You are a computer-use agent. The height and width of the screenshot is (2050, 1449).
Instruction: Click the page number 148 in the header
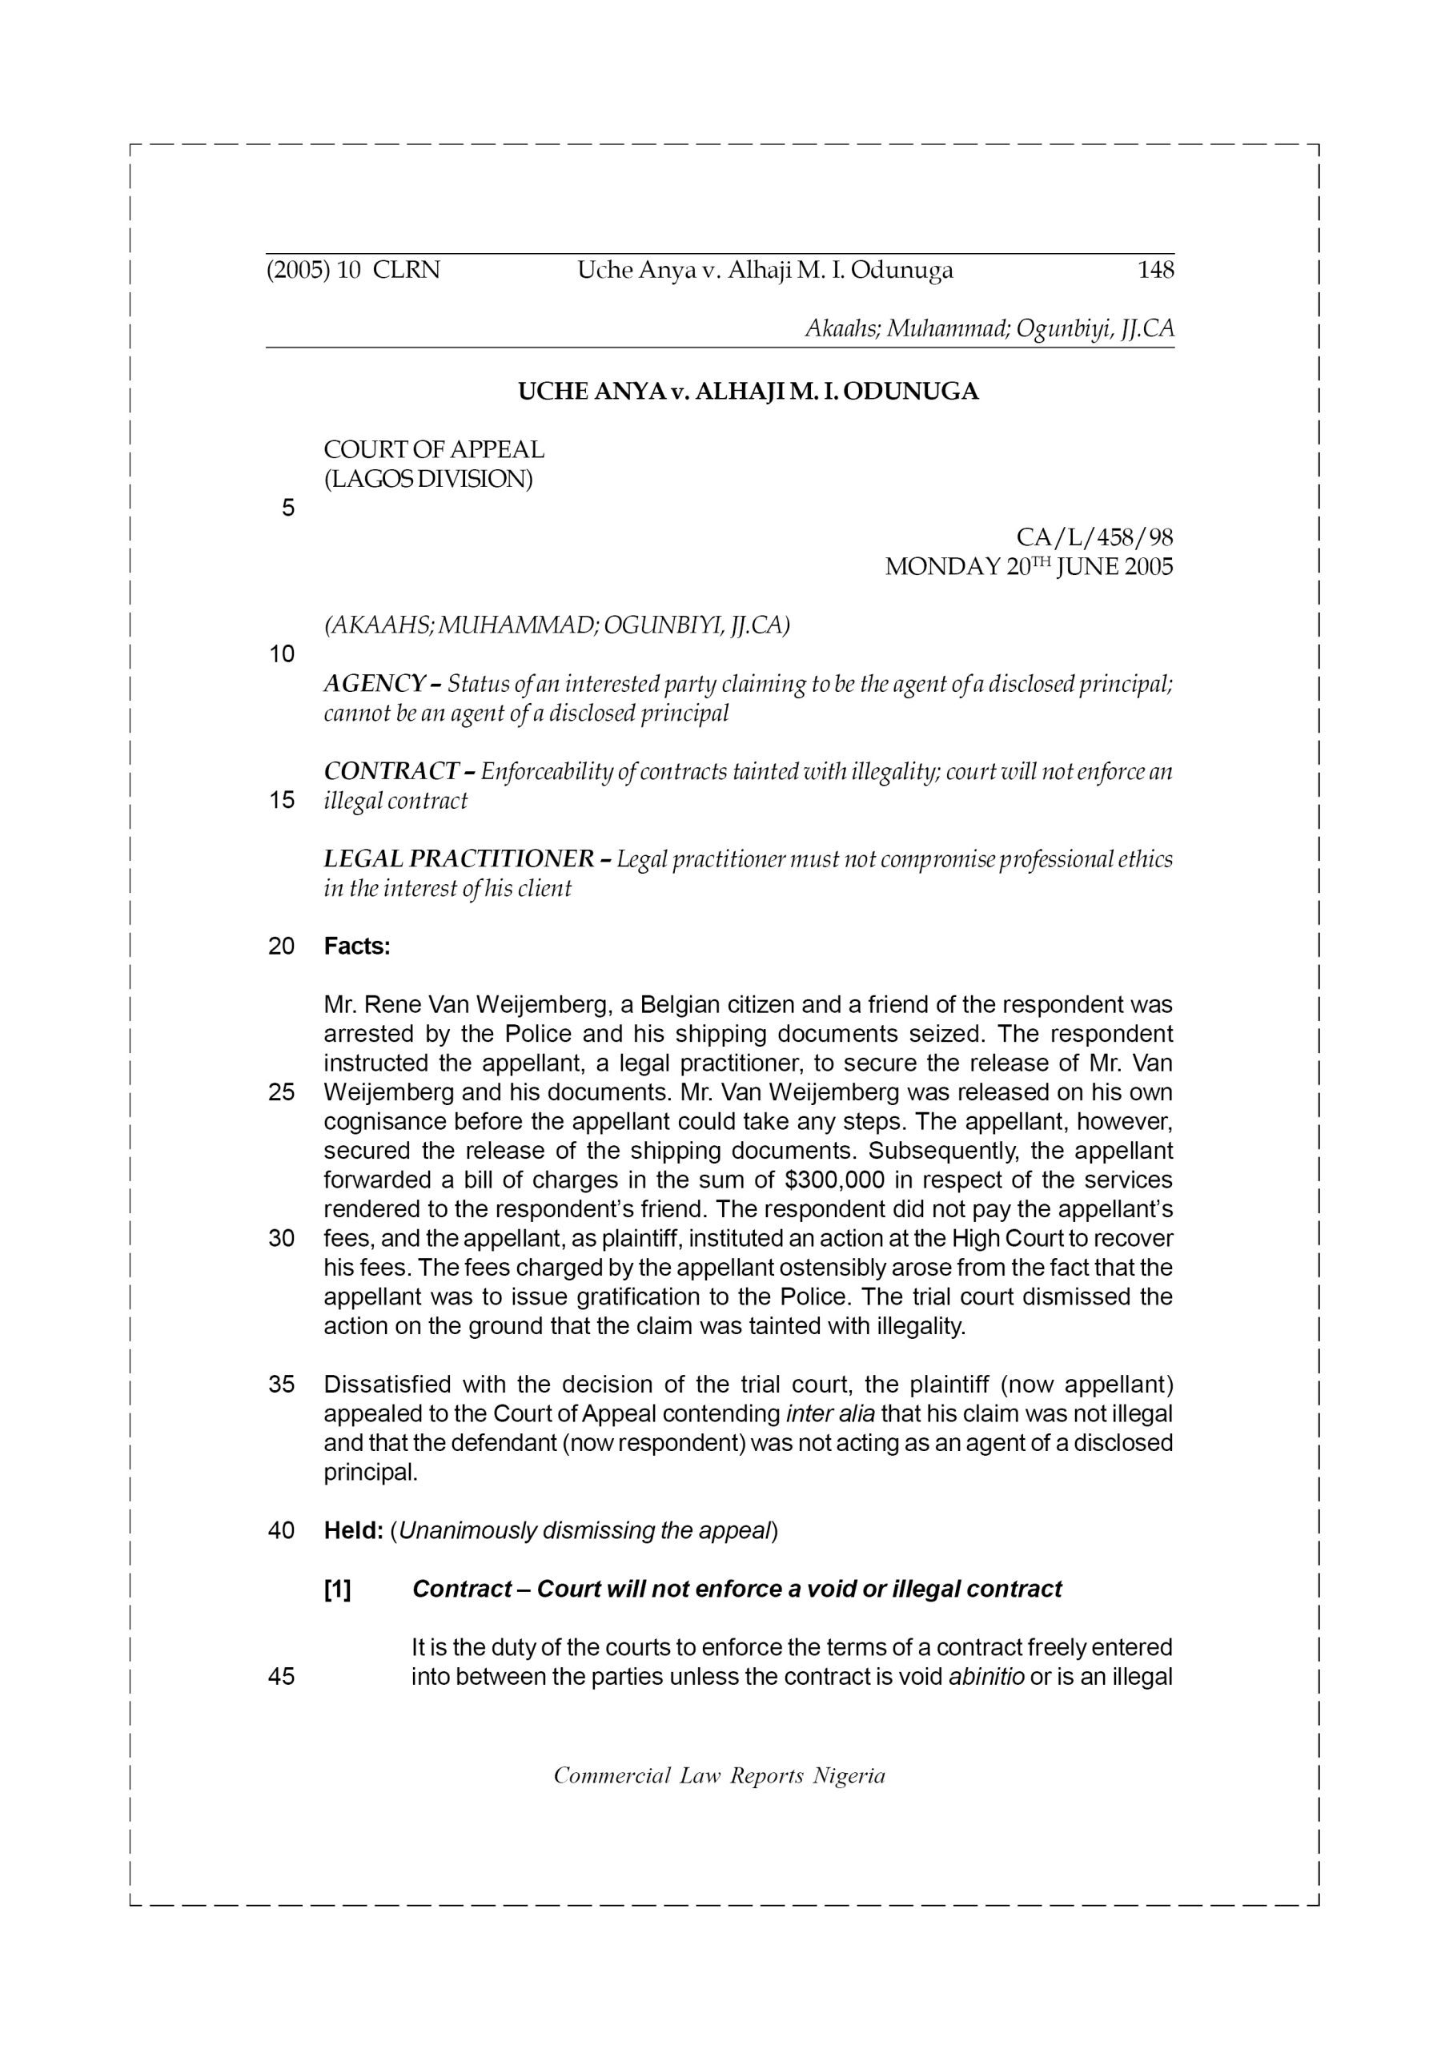click(1155, 270)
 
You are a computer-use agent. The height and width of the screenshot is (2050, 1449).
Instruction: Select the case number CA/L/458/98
click(1094, 537)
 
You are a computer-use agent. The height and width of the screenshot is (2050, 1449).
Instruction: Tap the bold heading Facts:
click(357, 947)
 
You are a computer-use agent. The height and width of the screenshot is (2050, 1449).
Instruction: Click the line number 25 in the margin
click(281, 1093)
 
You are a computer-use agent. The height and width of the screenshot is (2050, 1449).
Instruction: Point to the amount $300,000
click(835, 1180)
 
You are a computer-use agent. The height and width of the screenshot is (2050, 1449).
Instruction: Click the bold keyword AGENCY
click(374, 684)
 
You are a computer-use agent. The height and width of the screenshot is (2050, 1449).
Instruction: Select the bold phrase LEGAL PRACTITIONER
click(458, 859)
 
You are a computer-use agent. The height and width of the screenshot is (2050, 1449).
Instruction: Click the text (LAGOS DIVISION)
click(427, 480)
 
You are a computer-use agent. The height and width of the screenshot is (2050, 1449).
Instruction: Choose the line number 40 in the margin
click(281, 1530)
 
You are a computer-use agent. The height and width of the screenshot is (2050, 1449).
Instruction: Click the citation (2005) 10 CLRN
click(354, 270)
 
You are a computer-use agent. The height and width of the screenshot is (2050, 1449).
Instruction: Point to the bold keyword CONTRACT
click(390, 771)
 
